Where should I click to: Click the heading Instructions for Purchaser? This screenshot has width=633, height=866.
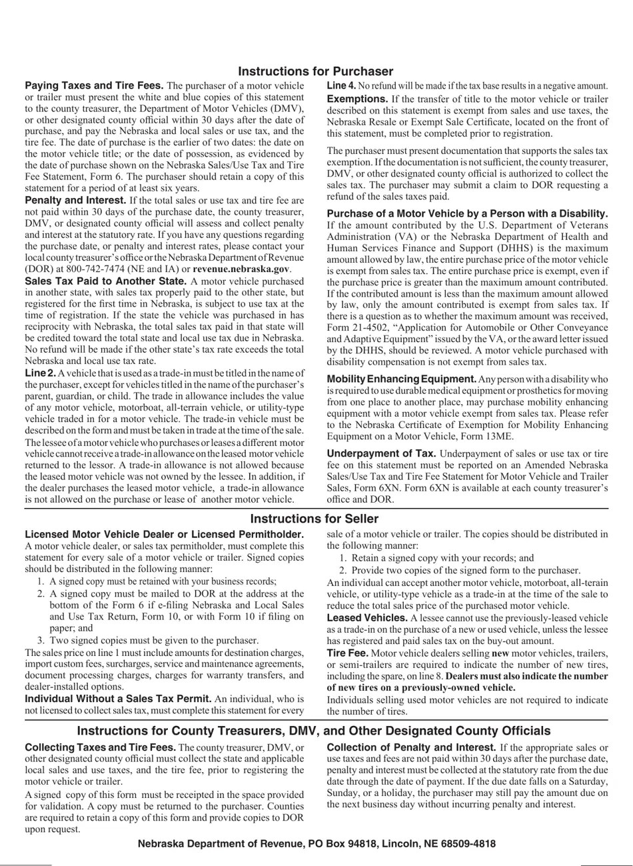[316, 71]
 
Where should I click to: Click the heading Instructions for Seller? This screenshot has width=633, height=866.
[315, 519]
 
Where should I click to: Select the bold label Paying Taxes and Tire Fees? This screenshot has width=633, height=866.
[94, 86]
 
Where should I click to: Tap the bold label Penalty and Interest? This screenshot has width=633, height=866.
[75, 200]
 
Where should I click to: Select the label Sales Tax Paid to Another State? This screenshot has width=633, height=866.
[106, 281]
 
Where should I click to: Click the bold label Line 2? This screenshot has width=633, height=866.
[40, 373]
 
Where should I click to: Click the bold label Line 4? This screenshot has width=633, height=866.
[341, 86]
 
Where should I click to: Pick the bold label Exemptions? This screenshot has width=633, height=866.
[356, 99]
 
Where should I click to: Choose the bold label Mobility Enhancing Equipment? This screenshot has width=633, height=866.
[401, 379]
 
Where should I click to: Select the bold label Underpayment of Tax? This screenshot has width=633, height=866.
[382, 453]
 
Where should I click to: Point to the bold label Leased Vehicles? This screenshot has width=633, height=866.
[367, 618]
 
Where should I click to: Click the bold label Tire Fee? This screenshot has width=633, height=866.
[347, 653]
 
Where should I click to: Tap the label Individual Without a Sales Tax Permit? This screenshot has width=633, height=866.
[118, 699]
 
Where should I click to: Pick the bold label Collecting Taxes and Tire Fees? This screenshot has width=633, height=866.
[100, 747]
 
